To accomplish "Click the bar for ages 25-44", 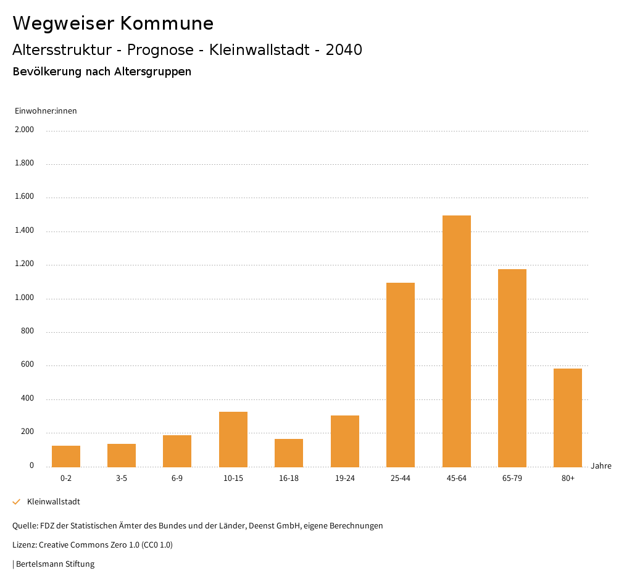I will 401,375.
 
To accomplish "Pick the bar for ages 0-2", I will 66,456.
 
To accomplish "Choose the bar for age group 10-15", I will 233,439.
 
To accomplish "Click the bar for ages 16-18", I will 289,453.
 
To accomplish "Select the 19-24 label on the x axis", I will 344,478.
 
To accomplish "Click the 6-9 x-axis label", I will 177,478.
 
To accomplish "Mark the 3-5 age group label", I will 122,478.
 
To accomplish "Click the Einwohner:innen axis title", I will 46,111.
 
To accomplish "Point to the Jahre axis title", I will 601,466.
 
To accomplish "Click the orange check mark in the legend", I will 17,502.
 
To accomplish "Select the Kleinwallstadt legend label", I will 54,502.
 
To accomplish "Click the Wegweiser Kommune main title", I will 113,23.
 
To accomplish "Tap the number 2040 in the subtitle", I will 344,50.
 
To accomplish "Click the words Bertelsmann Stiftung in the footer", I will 55,564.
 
